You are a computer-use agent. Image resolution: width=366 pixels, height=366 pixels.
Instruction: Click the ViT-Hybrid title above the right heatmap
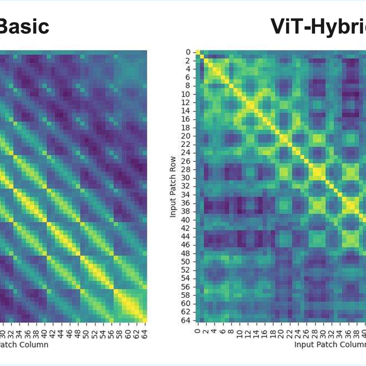point(318,26)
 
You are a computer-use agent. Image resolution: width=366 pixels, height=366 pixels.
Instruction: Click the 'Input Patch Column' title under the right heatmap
point(330,345)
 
